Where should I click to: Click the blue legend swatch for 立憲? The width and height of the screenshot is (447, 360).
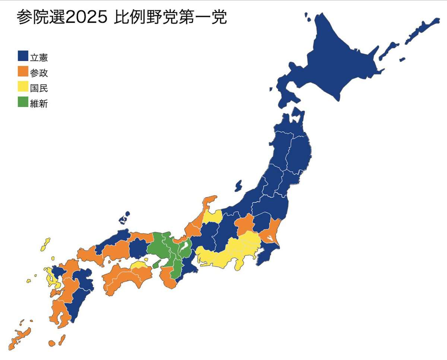coord(23,56)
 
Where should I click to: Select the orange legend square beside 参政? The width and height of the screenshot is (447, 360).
coord(23,71)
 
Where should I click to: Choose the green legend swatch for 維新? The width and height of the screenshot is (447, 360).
coord(23,102)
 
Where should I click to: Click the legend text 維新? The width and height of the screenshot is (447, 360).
coord(39,104)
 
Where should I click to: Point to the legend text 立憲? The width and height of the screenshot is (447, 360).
coord(39,58)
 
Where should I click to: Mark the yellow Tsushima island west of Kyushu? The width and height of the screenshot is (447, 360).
coord(45,244)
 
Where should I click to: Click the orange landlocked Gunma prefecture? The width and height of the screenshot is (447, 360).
coord(244,224)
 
